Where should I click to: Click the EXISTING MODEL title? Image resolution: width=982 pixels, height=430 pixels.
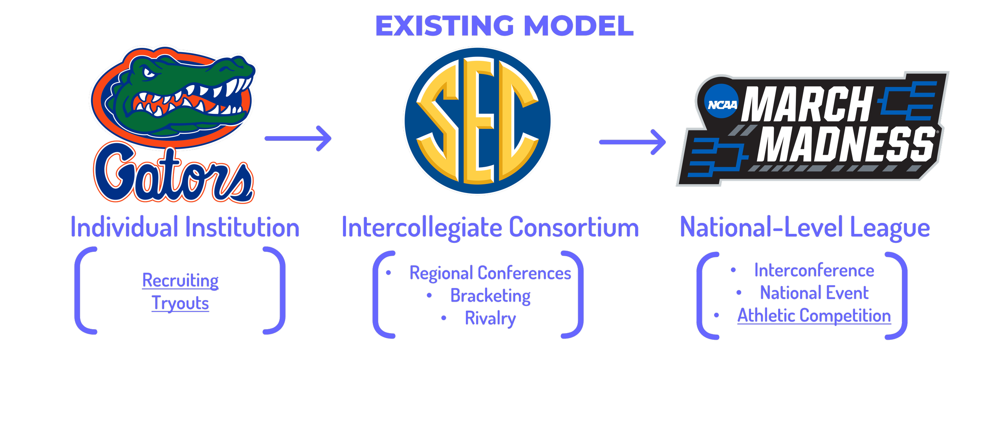[x=504, y=26]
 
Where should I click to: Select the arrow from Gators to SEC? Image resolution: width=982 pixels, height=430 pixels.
[x=298, y=138]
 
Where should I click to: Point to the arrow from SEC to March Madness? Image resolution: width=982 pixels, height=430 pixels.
[x=632, y=142]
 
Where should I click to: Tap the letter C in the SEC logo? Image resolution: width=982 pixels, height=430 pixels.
[x=518, y=122]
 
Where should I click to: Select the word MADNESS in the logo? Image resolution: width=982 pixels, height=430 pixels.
[x=845, y=144]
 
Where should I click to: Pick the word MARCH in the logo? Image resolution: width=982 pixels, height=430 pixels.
[x=807, y=104]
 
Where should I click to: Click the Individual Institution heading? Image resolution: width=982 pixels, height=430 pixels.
[x=185, y=228]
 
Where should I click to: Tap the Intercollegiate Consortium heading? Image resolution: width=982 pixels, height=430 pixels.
[x=490, y=228]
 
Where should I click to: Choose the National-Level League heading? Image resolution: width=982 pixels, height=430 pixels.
[x=805, y=228]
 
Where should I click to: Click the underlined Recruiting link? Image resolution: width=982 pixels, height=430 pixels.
[x=180, y=281]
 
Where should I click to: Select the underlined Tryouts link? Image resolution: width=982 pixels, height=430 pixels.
[x=180, y=303]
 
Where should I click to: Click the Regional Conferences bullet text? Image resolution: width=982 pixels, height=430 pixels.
[x=490, y=273]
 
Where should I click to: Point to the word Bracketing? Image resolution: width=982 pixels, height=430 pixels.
[x=490, y=296]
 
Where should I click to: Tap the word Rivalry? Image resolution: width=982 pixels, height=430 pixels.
[x=490, y=319]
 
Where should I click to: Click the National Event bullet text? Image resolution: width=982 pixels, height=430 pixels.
[x=814, y=293]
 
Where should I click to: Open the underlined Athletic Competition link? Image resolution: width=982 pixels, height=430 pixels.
[x=814, y=316]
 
